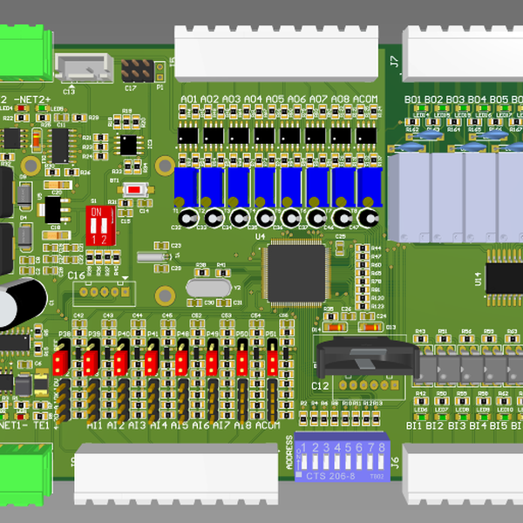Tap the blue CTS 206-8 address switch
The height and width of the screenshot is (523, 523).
[341, 458]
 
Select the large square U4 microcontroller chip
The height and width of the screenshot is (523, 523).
[295, 271]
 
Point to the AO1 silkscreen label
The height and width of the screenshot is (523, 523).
[188, 100]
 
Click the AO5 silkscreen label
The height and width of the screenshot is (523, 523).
[275, 100]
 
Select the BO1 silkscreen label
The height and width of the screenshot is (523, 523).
[413, 100]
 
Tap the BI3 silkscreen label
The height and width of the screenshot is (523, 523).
[457, 425]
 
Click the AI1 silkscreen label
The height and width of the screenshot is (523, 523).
[95, 425]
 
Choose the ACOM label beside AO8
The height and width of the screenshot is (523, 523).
[367, 100]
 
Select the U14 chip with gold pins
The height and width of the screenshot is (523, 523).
[504, 277]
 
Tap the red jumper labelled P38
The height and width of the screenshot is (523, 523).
[61, 359]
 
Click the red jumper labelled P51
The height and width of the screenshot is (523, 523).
[272, 359]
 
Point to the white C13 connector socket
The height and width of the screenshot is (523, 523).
[84, 66]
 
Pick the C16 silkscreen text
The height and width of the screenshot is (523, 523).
[77, 275]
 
